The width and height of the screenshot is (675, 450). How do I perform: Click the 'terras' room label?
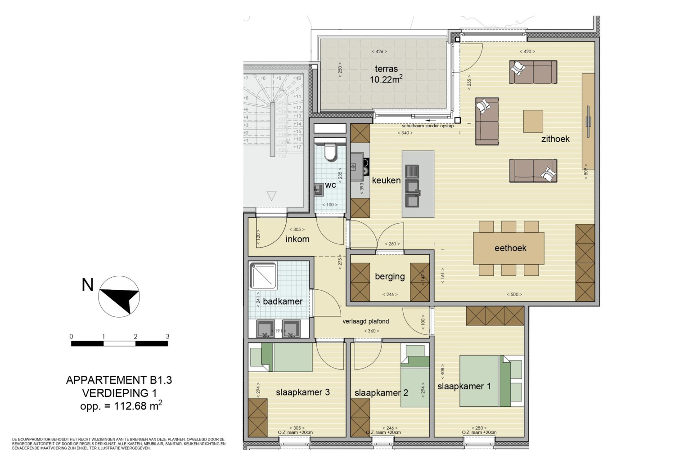386,69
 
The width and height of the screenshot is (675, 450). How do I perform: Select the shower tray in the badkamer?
263,275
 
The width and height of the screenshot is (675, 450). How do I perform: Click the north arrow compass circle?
119,297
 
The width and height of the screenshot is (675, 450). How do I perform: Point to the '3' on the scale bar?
167,336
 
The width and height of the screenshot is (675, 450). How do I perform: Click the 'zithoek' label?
555,139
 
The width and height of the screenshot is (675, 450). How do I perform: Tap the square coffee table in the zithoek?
533,121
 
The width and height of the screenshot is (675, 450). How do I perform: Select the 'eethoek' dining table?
508,248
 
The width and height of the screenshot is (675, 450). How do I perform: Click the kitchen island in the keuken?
418,184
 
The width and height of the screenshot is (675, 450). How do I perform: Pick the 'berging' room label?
390,277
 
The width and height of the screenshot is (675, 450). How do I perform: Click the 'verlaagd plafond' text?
365,321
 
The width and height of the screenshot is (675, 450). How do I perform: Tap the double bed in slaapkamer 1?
485,381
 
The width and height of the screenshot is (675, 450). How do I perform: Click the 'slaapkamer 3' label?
302,392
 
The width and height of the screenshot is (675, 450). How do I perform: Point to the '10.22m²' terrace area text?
386,79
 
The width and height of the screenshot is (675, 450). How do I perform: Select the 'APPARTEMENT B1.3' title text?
119,380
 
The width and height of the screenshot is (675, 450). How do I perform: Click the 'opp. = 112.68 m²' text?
121,405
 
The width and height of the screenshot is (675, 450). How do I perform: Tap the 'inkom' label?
297,239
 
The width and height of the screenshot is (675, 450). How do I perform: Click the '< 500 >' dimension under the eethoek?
514,294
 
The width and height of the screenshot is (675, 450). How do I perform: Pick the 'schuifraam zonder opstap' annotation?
427,126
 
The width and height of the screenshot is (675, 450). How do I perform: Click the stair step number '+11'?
297,96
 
